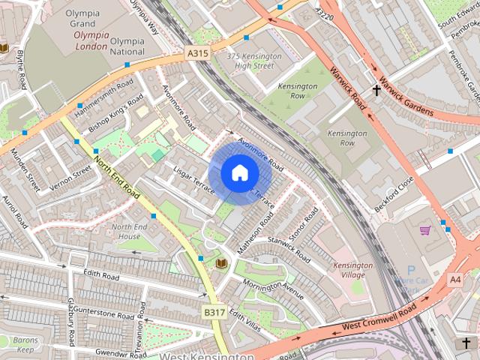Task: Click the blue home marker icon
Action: [239, 173]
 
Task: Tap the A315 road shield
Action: [197, 52]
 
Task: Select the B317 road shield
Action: [214, 311]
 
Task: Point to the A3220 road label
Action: [324, 14]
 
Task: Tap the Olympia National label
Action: [127, 46]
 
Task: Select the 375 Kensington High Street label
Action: [254, 61]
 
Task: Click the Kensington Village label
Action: [352, 270]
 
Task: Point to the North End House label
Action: [129, 231]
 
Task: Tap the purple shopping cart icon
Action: [425, 230]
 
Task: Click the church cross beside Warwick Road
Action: [376, 90]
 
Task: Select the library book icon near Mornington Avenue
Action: [221, 263]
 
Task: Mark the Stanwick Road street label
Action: [289, 250]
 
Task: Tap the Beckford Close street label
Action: [394, 194]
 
